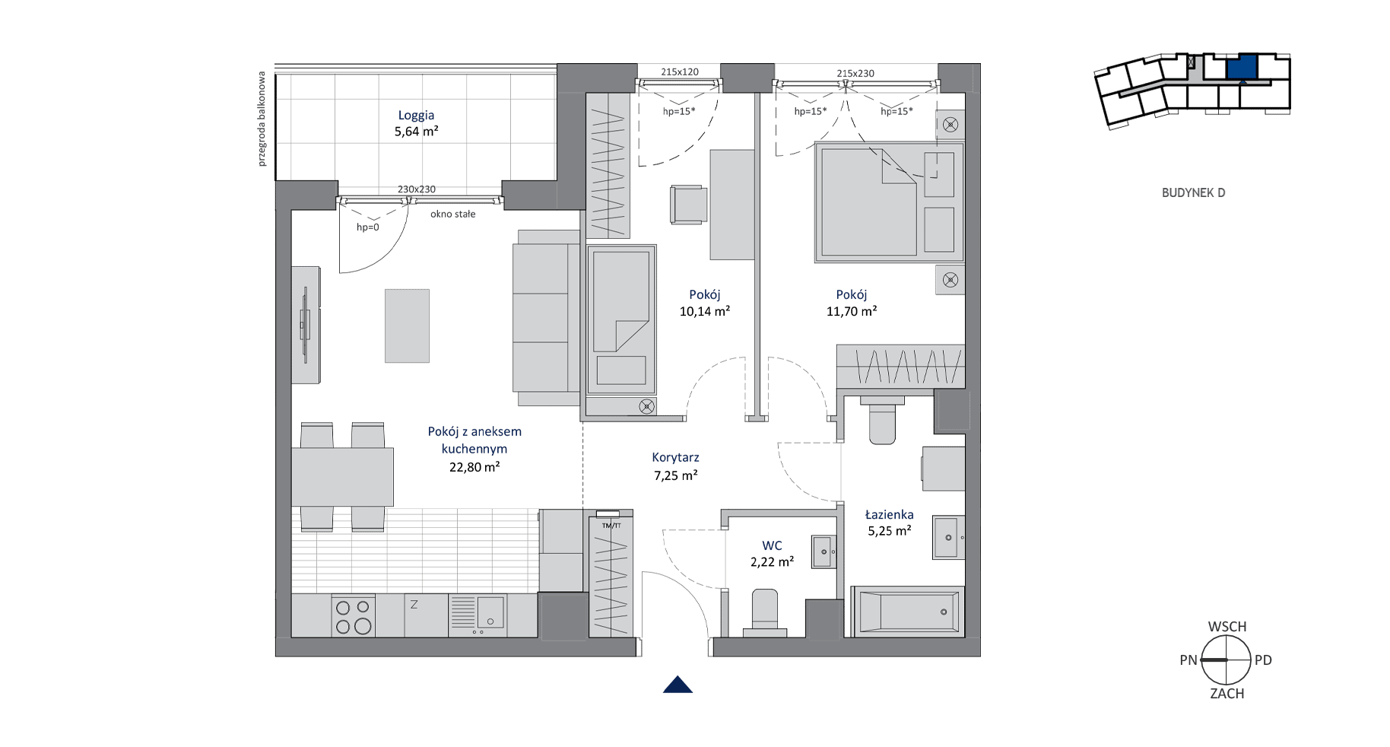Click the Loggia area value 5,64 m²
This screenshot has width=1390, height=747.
416,131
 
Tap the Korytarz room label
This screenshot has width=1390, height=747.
675,457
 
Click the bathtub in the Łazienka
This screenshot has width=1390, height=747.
907,611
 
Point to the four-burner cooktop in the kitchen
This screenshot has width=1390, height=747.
354,615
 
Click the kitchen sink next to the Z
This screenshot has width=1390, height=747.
478,615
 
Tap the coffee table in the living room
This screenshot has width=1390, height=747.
407,326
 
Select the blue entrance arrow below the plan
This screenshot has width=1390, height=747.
678,685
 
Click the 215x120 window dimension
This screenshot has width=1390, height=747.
679,72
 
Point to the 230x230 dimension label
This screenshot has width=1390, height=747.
417,189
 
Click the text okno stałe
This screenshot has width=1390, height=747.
452,214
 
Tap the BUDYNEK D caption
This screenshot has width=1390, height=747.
1193,192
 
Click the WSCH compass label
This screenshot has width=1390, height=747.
1227,627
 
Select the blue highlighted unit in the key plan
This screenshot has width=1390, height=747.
1242,67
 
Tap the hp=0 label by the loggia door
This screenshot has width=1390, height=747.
367,227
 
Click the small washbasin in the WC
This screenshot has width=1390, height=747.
824,552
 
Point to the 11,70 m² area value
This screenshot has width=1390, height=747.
852,311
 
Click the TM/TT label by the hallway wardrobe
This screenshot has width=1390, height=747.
611,526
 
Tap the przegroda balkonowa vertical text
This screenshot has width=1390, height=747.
262,119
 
